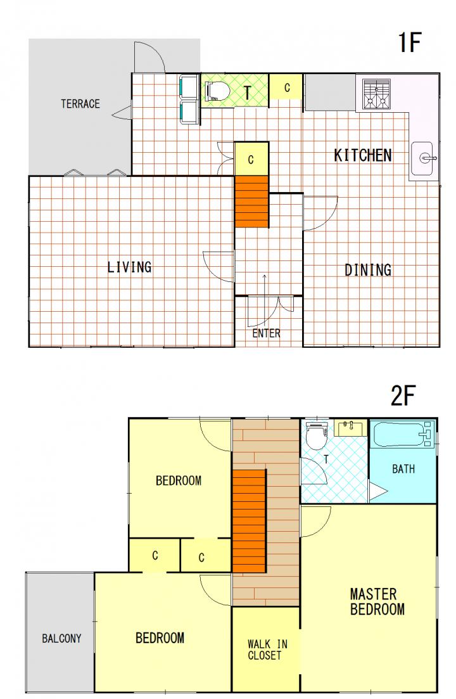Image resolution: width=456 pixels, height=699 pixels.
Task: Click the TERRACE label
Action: [80, 104]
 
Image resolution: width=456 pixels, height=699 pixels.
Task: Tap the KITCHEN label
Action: [363, 155]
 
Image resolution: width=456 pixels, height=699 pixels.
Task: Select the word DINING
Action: [368, 270]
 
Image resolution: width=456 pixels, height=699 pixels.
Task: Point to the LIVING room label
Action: [130, 267]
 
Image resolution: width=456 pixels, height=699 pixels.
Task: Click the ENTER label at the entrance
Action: [266, 333]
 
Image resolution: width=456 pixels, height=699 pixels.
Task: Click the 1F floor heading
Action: [409, 42]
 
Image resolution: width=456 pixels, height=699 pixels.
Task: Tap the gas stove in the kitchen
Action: [376, 94]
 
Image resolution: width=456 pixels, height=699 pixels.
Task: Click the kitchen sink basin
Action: [422, 158]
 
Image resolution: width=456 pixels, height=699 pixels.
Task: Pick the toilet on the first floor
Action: [217, 91]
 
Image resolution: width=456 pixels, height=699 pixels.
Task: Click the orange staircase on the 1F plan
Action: [251, 202]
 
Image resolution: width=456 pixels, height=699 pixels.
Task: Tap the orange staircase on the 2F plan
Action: [249, 521]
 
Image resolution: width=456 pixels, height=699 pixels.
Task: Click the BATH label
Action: [403, 469]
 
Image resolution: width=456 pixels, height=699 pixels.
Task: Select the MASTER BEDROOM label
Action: [377, 601]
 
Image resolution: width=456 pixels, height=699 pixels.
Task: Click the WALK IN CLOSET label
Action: [267, 650]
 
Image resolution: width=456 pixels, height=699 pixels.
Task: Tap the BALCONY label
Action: [61, 638]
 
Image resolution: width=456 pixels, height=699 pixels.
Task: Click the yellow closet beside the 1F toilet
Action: [286, 87]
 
